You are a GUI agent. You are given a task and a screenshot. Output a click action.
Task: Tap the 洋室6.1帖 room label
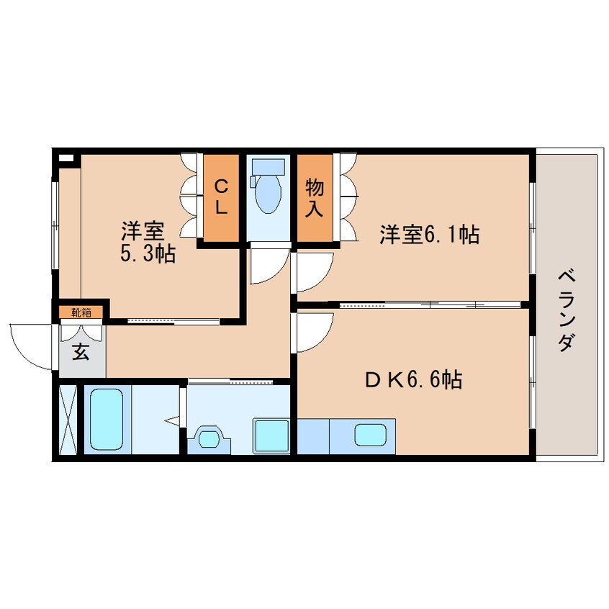[x=429, y=234]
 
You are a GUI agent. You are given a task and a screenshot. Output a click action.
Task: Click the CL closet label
[x=221, y=197]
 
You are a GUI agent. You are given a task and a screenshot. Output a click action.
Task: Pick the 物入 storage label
[x=315, y=197]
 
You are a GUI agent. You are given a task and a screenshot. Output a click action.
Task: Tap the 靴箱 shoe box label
[x=81, y=312]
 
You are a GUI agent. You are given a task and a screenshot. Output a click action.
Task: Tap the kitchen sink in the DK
[x=370, y=436]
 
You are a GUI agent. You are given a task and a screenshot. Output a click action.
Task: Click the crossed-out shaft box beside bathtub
[x=68, y=421]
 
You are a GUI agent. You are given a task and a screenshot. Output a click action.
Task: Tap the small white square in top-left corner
[x=66, y=158]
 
